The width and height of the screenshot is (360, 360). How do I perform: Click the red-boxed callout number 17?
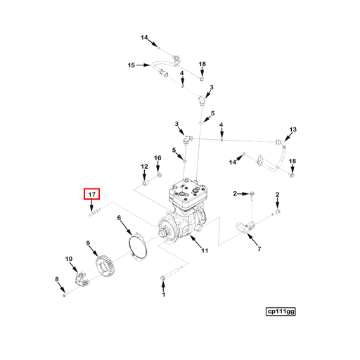tap(92, 194)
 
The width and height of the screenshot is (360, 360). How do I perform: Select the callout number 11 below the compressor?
tap(205, 250)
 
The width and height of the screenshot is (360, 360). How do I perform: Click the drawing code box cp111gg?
tap(281, 311)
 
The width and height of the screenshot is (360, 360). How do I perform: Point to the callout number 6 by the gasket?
tap(119, 218)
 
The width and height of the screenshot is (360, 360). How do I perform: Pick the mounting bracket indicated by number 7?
tap(245, 227)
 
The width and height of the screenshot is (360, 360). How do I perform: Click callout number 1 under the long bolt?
tap(164, 295)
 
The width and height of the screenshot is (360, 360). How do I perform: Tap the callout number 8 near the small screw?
tap(57, 279)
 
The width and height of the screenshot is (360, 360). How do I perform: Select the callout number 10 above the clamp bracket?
tap(69, 259)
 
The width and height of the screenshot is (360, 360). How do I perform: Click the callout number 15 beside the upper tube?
tap(131, 65)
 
